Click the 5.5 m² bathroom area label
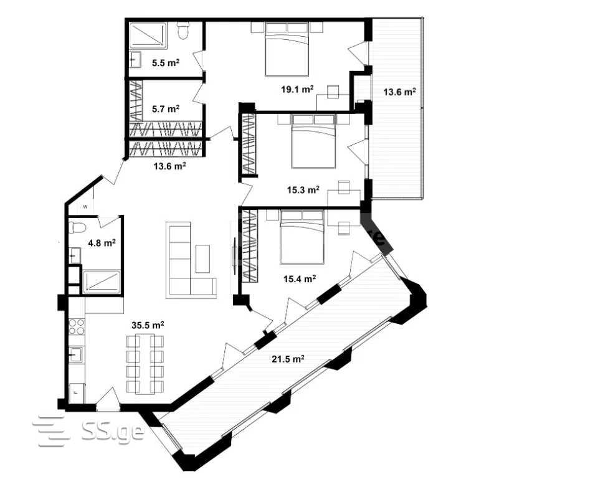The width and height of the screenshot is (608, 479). (x=166, y=62)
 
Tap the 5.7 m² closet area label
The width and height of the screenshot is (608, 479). (x=166, y=109)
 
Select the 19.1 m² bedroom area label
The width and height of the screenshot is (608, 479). (x=297, y=90)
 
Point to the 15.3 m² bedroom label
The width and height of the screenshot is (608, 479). (x=303, y=189)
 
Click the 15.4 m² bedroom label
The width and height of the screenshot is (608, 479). (x=300, y=278)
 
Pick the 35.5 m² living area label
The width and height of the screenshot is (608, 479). (x=148, y=325)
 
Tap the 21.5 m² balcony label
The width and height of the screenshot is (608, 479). (x=288, y=359)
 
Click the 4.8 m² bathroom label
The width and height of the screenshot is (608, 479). (x=102, y=243)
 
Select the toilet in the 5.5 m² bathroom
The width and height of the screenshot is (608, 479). (x=183, y=31)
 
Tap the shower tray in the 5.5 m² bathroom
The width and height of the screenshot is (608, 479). (x=148, y=36)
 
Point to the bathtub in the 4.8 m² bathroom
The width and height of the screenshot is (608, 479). (x=102, y=281)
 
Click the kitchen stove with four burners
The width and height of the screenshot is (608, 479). (x=77, y=326)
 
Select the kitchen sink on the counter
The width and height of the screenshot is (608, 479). (x=76, y=354)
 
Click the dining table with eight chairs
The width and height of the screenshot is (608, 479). (x=145, y=364)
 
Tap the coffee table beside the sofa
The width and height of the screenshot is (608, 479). (x=203, y=258)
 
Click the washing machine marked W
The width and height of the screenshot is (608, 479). (x=85, y=206)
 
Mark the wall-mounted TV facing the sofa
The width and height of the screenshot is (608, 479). (x=235, y=255)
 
